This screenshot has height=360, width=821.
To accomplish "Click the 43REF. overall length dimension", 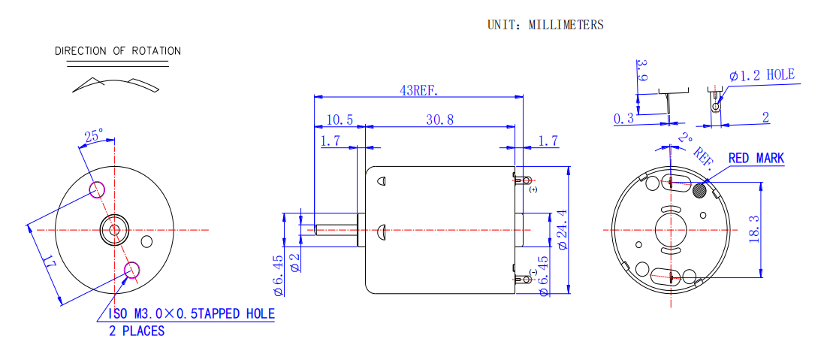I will coord(418,90).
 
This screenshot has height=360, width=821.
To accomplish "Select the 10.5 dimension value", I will coord(340,119).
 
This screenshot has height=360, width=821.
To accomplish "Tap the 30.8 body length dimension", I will coord(439,119).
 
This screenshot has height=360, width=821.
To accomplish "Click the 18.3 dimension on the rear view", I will coord(754,228).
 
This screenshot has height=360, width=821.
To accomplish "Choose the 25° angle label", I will coord(93,137).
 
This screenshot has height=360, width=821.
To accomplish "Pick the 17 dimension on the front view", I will coord(49,264).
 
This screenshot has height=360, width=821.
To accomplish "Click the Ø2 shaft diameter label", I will coord(294,262).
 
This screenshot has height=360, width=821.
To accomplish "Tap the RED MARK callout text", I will coord(756,159).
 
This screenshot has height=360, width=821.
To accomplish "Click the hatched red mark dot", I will coord(700,189).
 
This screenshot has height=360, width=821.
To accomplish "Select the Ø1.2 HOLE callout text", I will coord(761,75).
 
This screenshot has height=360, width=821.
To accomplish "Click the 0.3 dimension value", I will coord(623,119).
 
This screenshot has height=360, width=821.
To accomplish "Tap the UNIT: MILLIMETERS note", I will coord(545,25).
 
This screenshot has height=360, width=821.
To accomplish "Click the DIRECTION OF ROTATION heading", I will coord(118,51).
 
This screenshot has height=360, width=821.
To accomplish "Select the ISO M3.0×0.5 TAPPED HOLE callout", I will coord(192,314).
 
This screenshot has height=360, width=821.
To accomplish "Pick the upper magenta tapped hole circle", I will coord(97,189).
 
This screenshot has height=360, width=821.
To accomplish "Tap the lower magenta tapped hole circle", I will coord(132,269).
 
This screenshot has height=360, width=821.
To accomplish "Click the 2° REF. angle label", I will coord(694,147).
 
